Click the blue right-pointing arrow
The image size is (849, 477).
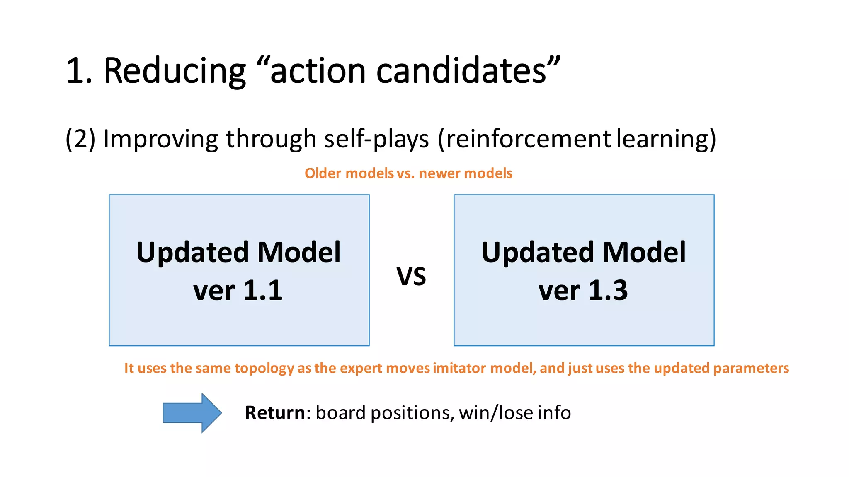pyautogui.click(x=192, y=413)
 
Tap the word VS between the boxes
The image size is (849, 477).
pyautogui.click(x=411, y=277)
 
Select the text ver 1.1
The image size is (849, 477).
pyautogui.click(x=238, y=290)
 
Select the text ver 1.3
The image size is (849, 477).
pyautogui.click(x=583, y=290)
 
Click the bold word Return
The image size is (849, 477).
pyautogui.click(x=275, y=413)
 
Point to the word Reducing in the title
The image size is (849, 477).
pyautogui.click(x=175, y=71)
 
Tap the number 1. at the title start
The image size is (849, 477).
pyautogui.click(x=79, y=71)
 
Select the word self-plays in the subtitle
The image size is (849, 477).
pyautogui.click(x=376, y=139)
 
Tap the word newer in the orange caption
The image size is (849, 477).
pyautogui.click(x=437, y=173)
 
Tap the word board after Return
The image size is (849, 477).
pyautogui.click(x=340, y=413)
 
